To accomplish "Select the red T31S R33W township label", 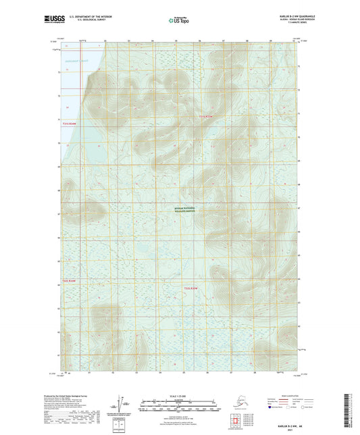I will pyautogui.click(x=210, y=117).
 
